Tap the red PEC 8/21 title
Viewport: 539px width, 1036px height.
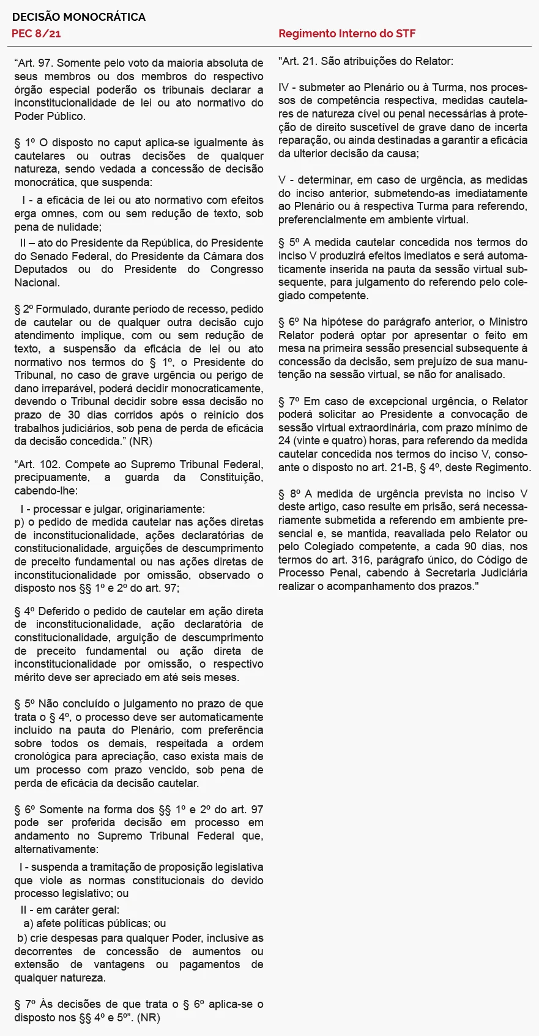[x=36, y=34]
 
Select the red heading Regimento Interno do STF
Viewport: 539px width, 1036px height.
[x=346, y=34]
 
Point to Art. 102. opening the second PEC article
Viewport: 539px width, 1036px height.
[x=36, y=464]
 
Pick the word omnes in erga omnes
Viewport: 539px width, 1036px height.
[x=60, y=214]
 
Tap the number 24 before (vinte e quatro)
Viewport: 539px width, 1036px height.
[x=284, y=441]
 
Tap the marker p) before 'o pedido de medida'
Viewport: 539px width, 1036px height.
[x=20, y=522]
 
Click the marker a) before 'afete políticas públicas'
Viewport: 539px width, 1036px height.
[x=29, y=923]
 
